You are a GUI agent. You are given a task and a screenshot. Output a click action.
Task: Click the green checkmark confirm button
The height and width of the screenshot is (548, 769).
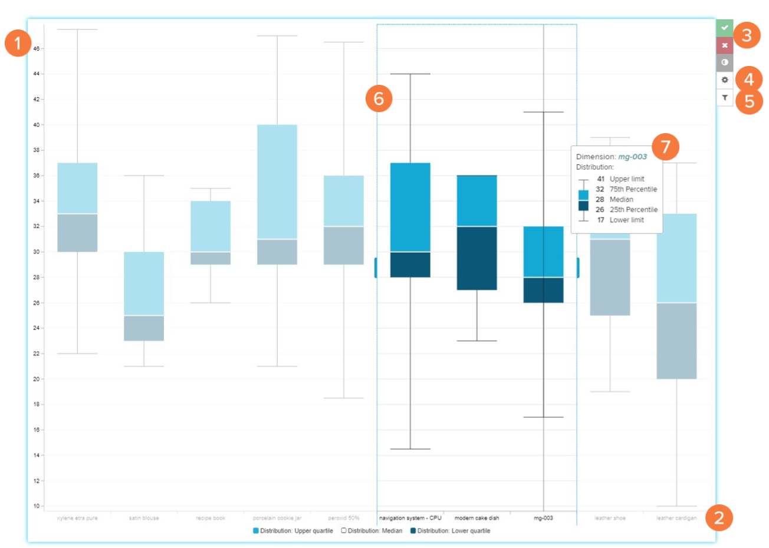(x=725, y=28)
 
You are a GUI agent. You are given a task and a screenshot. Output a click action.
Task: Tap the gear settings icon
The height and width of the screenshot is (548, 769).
(x=725, y=80)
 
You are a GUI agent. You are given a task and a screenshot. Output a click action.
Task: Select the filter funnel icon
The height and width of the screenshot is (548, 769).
(x=725, y=98)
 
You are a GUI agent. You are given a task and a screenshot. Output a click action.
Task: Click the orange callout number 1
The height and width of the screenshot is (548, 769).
(x=18, y=43)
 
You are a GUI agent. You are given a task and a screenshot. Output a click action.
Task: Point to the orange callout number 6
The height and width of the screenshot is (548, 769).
(x=379, y=98)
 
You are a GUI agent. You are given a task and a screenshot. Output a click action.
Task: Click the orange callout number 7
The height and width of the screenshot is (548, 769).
(x=666, y=146)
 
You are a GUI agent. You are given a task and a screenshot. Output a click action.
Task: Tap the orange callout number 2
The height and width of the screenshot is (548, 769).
(x=718, y=518)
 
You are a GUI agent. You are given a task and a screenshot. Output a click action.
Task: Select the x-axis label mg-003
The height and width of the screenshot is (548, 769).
(x=543, y=518)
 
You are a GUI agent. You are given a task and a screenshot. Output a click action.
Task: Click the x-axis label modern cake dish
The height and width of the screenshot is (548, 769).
(x=476, y=518)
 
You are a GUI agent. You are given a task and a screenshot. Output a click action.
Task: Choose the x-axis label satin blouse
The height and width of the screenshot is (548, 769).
(x=144, y=518)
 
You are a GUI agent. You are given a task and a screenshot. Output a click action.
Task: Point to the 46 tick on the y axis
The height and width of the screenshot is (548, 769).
(x=37, y=49)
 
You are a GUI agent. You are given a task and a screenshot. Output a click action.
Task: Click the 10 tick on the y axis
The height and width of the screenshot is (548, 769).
(x=37, y=506)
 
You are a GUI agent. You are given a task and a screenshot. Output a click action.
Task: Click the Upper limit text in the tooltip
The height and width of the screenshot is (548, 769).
(x=626, y=179)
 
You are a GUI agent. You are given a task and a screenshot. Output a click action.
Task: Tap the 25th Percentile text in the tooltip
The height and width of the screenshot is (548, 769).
(x=633, y=210)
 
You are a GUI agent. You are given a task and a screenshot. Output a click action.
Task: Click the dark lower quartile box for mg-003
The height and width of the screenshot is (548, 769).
(x=543, y=290)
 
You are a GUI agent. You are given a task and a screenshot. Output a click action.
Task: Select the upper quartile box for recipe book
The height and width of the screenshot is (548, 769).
(x=211, y=226)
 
